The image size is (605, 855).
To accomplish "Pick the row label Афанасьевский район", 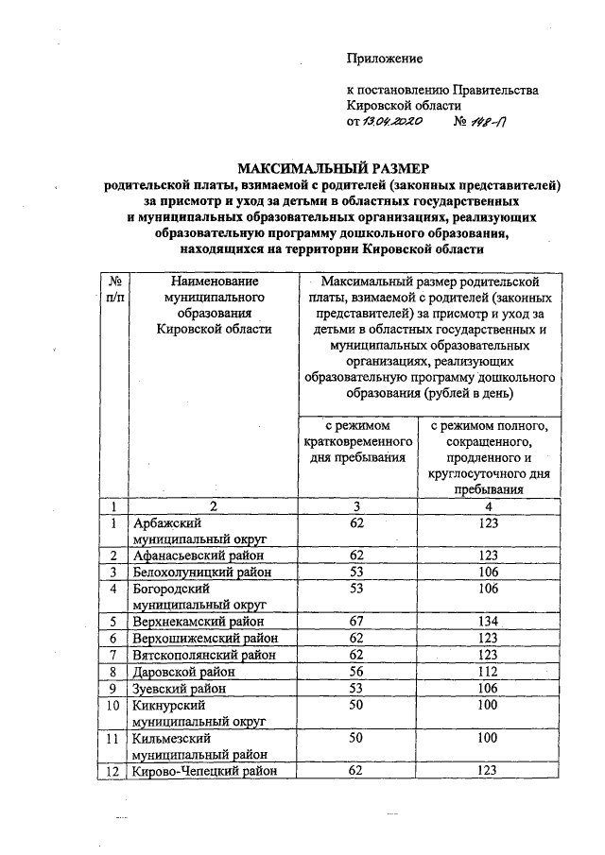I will point(198,555).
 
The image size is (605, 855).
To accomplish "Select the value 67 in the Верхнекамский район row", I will point(357,621).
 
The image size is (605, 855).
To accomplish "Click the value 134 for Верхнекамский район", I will point(488,621).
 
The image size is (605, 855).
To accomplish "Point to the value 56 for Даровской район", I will point(357,672).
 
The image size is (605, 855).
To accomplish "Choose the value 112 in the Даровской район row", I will point(488,672).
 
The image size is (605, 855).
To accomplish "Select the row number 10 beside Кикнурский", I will point(113,705).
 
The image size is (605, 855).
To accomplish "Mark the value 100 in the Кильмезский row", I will point(488,738).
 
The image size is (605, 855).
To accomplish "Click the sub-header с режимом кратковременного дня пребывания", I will point(357,442).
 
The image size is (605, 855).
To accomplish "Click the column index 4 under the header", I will point(488,505).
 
